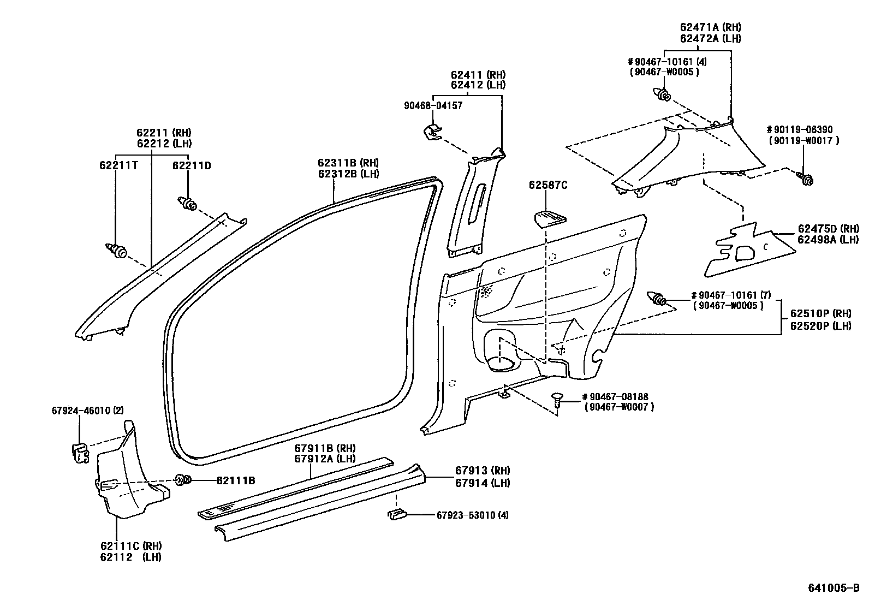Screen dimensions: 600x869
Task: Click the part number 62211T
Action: coord(118,165)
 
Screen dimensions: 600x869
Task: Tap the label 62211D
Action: coord(192,165)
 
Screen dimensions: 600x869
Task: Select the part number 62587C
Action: coord(547,185)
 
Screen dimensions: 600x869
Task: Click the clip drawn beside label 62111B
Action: coord(183,480)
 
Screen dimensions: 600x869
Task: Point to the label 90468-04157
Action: coord(433,105)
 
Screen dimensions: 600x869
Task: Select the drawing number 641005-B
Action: coord(833,588)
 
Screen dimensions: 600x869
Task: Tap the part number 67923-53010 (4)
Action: coord(472,514)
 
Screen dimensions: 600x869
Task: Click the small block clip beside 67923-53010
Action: coord(396,514)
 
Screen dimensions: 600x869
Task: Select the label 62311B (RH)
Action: coord(348,163)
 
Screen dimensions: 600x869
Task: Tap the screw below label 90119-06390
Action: coord(807,178)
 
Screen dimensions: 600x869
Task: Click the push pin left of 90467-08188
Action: coord(557,400)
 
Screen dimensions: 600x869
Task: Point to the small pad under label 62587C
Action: coord(549,218)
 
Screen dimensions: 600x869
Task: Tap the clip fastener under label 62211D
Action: coord(188,204)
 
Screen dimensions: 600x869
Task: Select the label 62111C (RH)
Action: coord(130,545)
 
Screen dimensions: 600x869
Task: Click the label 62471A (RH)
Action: coord(710,27)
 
